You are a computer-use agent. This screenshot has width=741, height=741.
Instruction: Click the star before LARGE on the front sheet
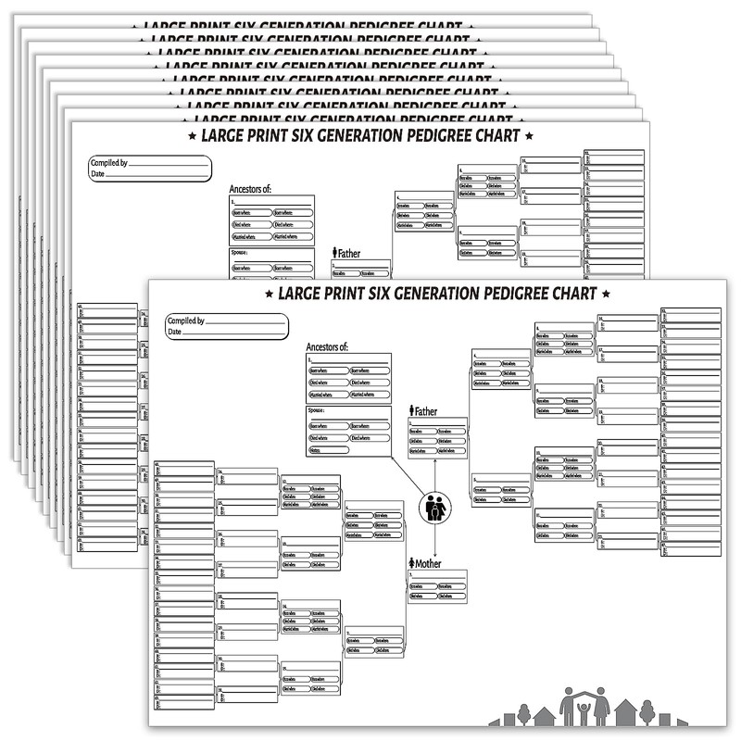[270, 295]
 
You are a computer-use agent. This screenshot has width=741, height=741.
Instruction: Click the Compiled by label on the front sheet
[186, 321]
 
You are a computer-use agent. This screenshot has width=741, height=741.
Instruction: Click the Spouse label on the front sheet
[319, 411]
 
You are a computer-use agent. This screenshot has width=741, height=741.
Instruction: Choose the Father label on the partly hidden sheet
[348, 253]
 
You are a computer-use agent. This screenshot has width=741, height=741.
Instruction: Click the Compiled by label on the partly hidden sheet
[107, 163]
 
